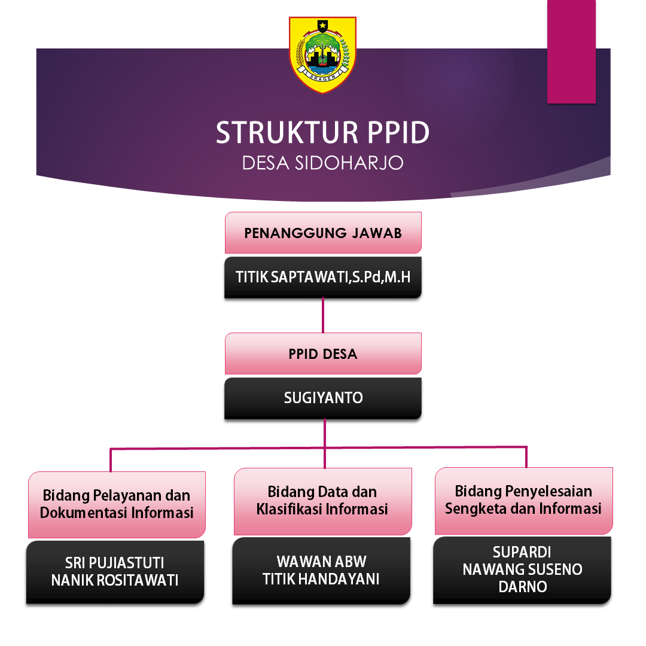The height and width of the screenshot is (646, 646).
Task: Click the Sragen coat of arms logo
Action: pos(322,55)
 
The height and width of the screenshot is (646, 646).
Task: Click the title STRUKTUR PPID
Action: pos(322,133)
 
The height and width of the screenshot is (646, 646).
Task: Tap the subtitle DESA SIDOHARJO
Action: pos(322,163)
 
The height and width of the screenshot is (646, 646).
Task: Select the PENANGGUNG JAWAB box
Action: pos(323,233)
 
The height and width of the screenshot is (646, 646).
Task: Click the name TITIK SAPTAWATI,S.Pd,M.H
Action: pos(323,277)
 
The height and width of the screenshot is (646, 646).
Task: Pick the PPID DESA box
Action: pos(323,354)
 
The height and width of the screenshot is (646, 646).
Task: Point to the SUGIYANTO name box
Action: pos(323,398)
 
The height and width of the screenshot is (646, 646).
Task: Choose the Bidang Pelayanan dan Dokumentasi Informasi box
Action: pos(117,504)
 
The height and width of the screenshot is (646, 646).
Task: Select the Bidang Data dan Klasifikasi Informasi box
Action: pos(323,501)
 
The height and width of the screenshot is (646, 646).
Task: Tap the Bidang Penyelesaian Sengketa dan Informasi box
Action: pos(524,500)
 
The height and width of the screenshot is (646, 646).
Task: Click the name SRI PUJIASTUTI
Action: pos(114,563)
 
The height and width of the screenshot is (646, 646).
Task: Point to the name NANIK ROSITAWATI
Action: pos(114,580)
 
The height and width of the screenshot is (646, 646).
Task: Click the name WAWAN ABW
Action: pos(321,562)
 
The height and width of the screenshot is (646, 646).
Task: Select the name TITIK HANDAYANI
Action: pos(321,579)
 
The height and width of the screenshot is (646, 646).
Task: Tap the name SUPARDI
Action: pos(522,552)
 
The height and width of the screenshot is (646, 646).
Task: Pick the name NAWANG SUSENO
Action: pos(522,569)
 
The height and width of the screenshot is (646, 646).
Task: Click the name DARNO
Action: pos(522,587)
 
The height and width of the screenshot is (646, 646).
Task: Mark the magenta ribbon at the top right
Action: pos(571,51)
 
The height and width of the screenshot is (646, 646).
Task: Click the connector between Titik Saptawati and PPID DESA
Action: pos(323,315)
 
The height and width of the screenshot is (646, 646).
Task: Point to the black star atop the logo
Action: pos(322,26)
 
